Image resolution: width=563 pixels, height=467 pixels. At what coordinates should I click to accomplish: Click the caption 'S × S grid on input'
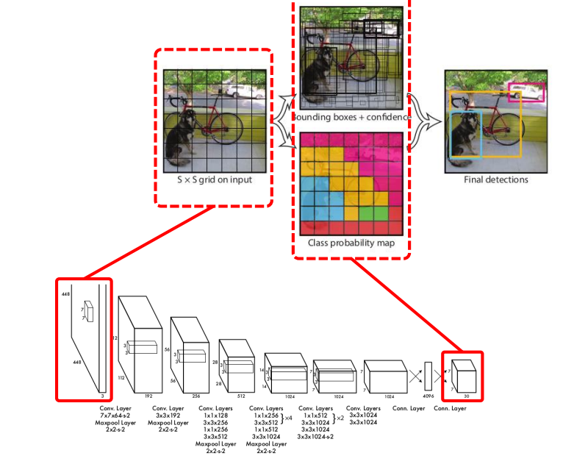(213, 179)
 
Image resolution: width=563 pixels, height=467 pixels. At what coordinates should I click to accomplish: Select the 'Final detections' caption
(495, 179)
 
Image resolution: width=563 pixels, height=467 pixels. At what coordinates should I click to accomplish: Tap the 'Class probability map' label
(352, 243)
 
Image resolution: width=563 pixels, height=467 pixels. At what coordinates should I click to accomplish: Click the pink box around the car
(526, 92)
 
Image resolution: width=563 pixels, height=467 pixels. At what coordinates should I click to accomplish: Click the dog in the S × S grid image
(179, 136)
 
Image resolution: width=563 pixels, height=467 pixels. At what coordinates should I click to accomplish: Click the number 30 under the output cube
(466, 396)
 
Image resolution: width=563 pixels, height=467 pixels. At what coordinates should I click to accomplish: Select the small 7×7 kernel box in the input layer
(90, 311)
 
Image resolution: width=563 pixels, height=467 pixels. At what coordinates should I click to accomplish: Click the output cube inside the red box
(465, 375)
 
